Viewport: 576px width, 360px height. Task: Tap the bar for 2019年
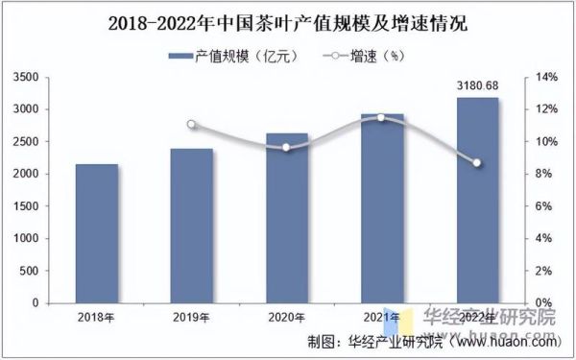coord(191,226)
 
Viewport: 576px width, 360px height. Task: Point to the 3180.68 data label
coord(477,87)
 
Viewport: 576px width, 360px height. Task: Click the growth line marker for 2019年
coord(191,125)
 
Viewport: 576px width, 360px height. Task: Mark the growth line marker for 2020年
coord(286,147)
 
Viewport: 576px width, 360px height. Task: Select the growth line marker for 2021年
coord(381,117)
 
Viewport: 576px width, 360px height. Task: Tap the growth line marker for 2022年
coord(477,163)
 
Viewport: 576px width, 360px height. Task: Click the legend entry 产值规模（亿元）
coord(234,57)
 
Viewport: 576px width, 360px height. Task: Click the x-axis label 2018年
coord(96,317)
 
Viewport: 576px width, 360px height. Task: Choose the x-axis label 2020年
coord(286,317)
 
